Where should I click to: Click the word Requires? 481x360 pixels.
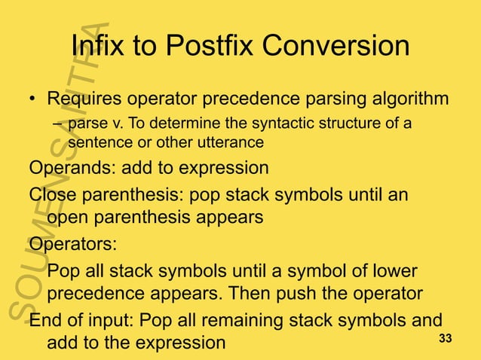pyautogui.click(x=84, y=99)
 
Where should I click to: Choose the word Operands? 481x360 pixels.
pyautogui.click(x=63, y=167)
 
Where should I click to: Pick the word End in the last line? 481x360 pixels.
pyautogui.click(x=45, y=319)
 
